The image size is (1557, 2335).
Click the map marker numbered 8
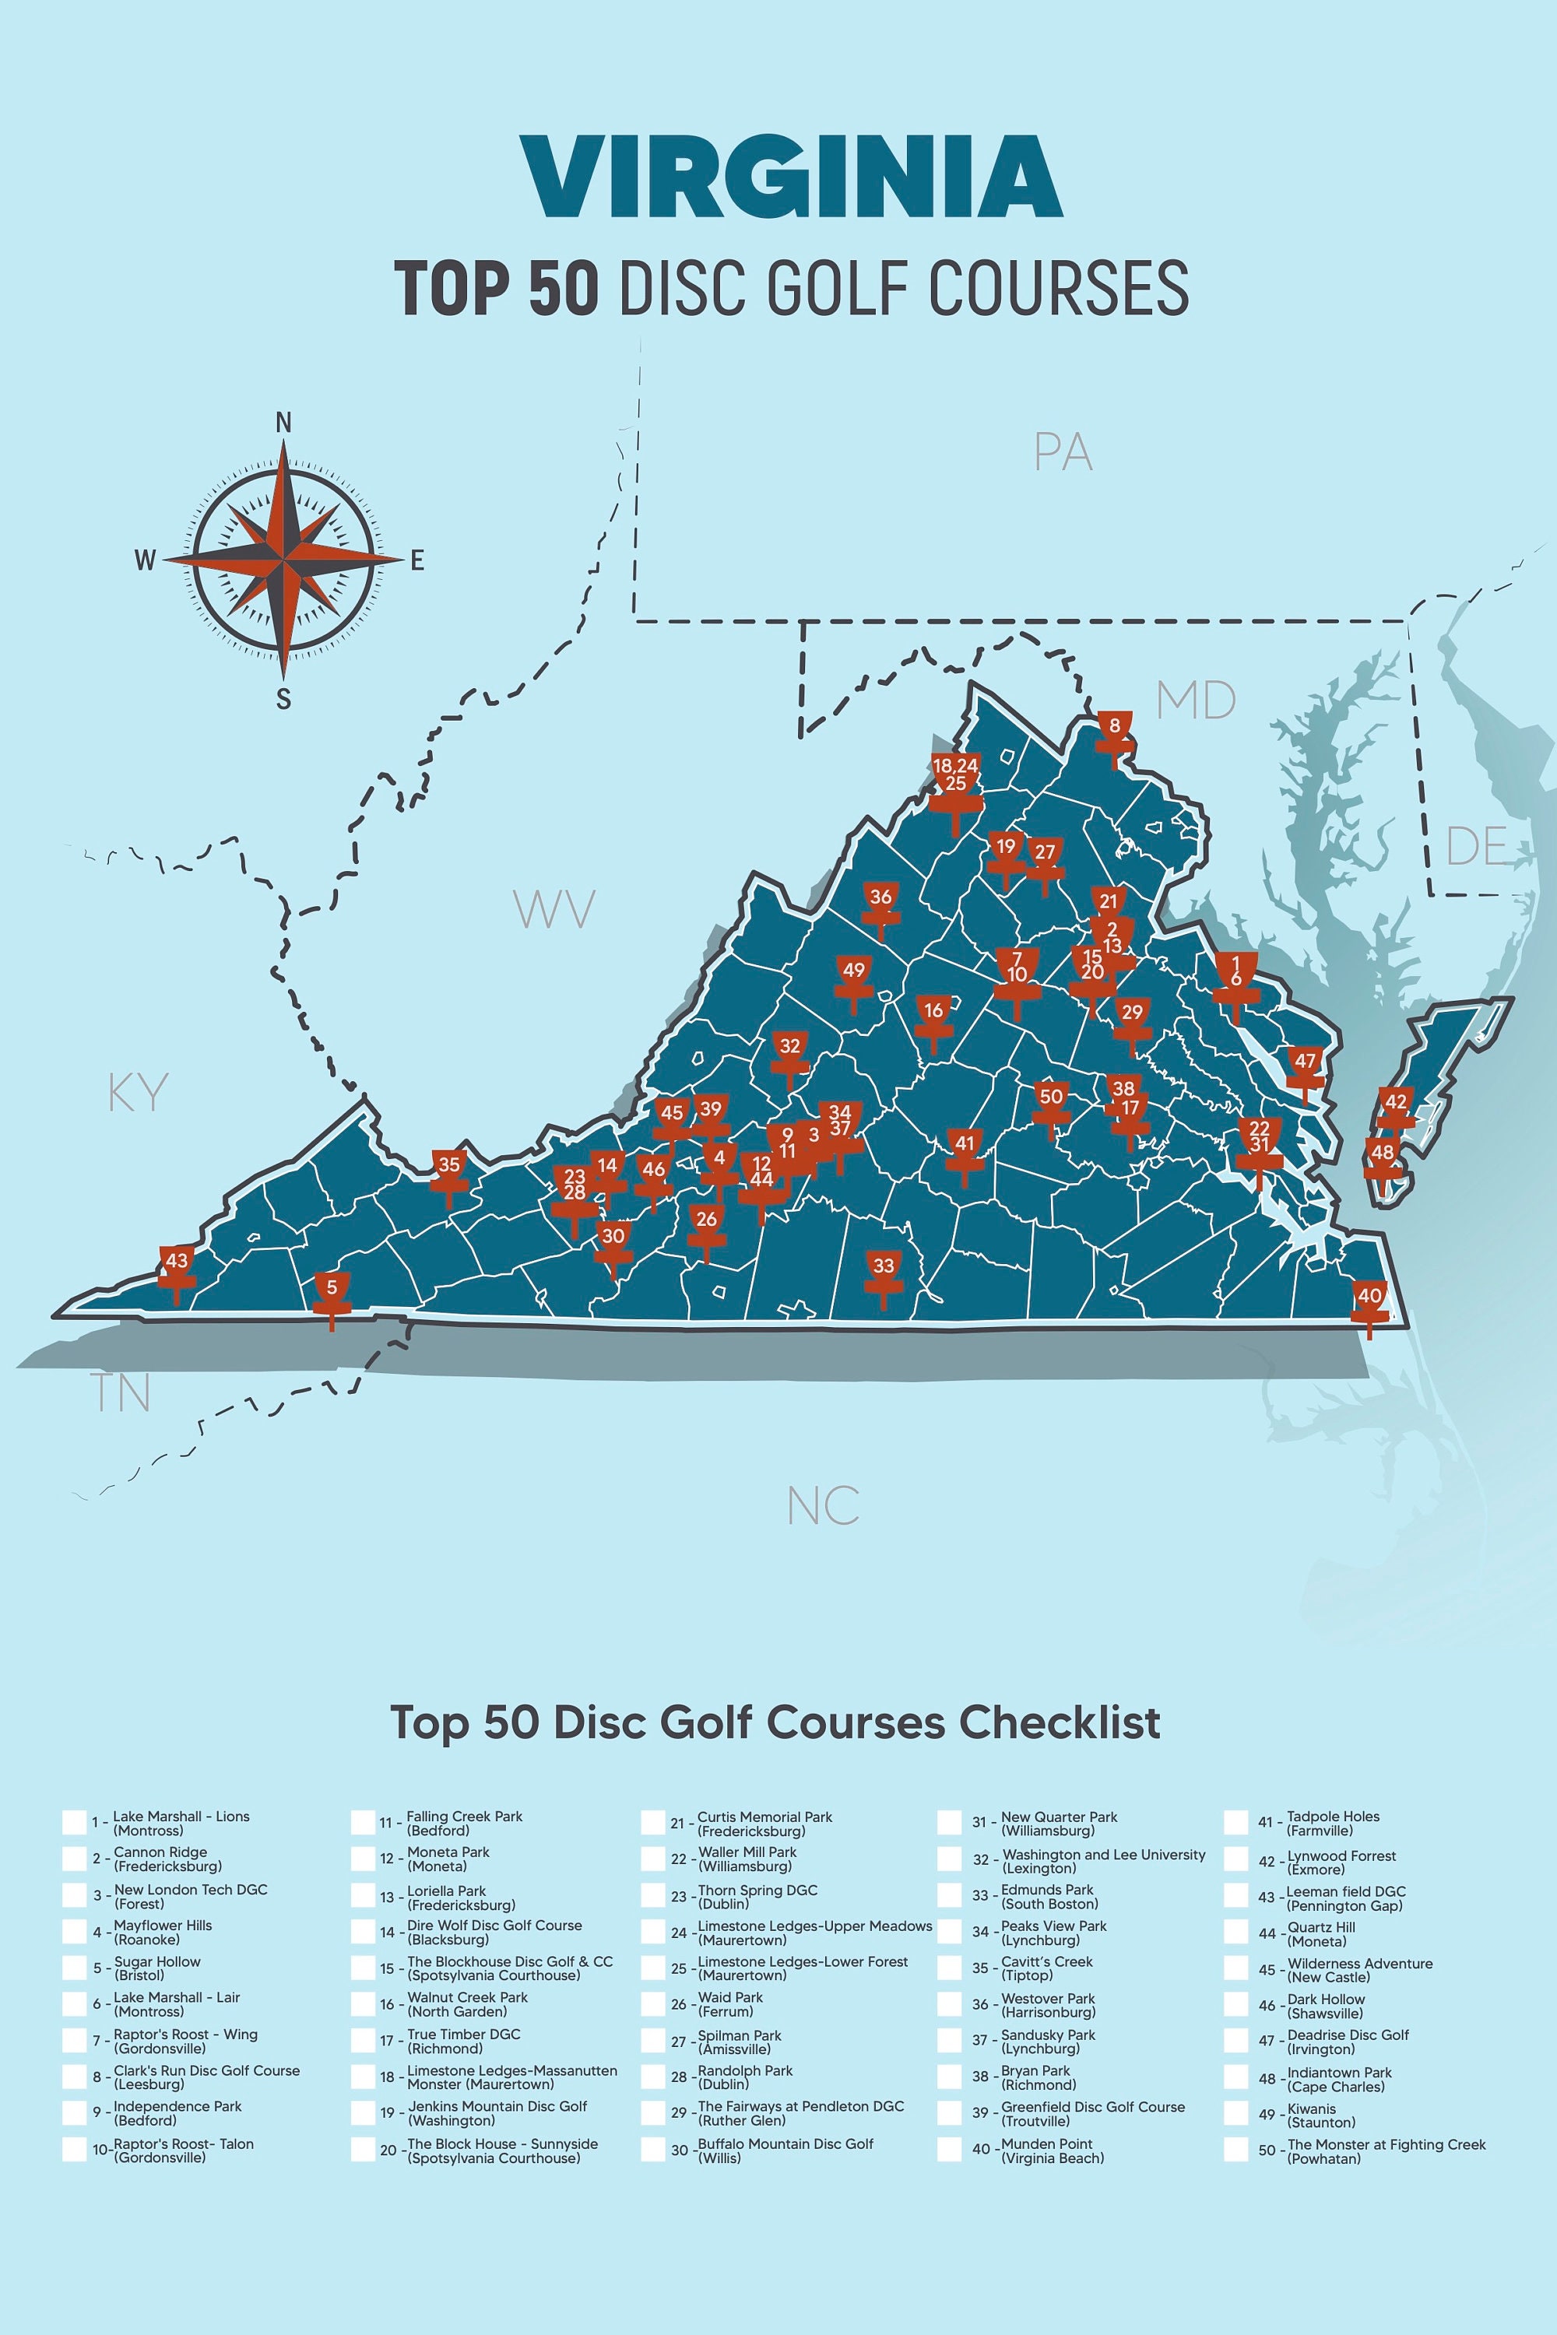coord(1114,728)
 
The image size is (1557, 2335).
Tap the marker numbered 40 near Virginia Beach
coord(1369,1297)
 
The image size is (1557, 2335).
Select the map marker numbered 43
coord(177,1262)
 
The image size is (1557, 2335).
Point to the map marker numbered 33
coord(883,1267)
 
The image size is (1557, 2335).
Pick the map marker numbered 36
coord(880,898)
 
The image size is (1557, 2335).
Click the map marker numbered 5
coord(332,1290)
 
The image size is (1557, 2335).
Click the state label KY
coord(138,1093)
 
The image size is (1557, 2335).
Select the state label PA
coord(1063,453)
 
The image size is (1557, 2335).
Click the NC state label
coord(823,1506)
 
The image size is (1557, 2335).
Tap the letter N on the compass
coord(284,423)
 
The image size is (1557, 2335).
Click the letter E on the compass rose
coord(417,561)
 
